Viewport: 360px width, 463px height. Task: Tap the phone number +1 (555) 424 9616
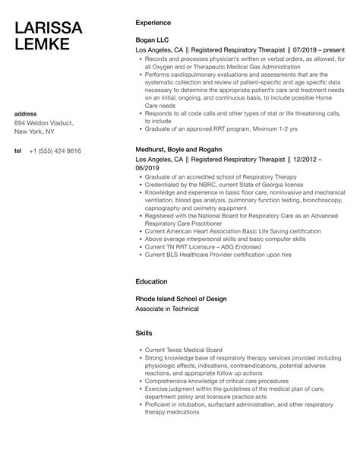[x=55, y=151]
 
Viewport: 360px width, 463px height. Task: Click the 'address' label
[x=26, y=114]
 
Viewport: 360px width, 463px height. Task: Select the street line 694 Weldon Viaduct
[x=44, y=122]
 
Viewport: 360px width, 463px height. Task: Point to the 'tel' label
[x=17, y=151]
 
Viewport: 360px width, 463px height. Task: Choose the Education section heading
[x=151, y=281]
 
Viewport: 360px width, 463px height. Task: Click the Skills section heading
[x=144, y=333]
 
